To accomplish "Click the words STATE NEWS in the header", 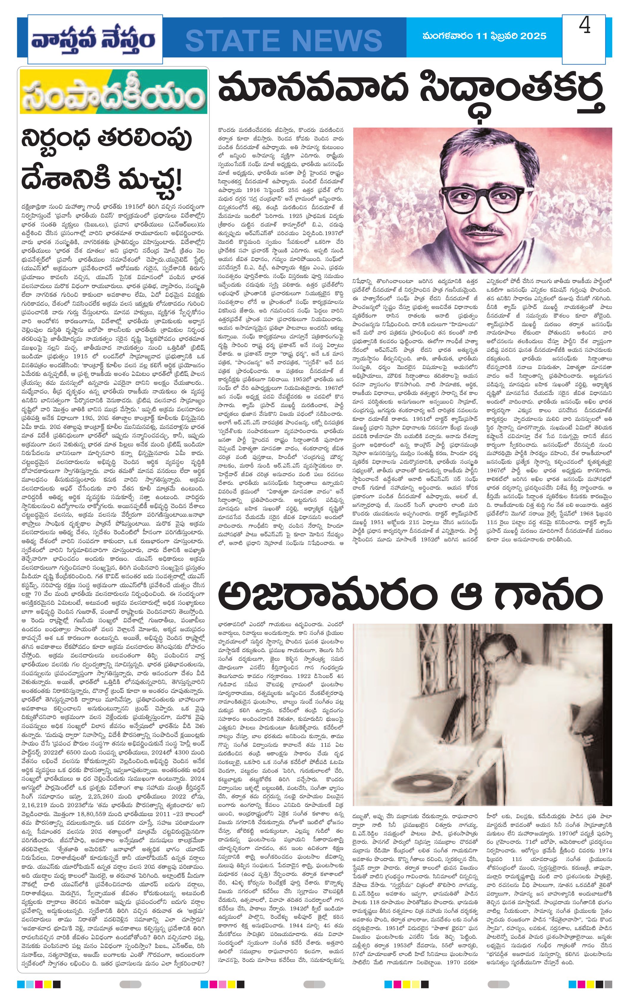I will [x=284, y=40].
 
